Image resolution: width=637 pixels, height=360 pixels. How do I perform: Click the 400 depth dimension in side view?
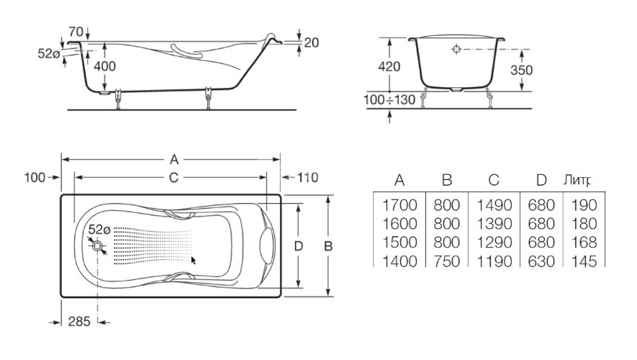click(104, 66)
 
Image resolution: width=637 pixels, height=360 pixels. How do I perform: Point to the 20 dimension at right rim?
click(311, 42)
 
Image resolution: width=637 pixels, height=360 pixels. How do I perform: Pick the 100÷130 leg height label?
click(389, 99)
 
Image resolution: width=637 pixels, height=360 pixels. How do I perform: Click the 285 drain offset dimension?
click(79, 322)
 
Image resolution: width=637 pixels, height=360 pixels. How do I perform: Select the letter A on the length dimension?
click(173, 159)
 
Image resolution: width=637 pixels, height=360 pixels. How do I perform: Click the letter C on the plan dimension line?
click(173, 177)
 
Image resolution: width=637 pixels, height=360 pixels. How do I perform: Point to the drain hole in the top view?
click(98, 246)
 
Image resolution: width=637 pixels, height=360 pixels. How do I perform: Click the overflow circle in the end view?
click(455, 50)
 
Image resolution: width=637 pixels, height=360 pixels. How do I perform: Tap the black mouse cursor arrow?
click(194, 260)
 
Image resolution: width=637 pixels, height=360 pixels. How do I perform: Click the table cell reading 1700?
click(400, 206)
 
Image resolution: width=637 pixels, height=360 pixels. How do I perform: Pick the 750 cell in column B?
click(447, 261)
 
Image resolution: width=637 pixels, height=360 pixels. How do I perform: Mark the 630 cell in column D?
click(541, 261)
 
